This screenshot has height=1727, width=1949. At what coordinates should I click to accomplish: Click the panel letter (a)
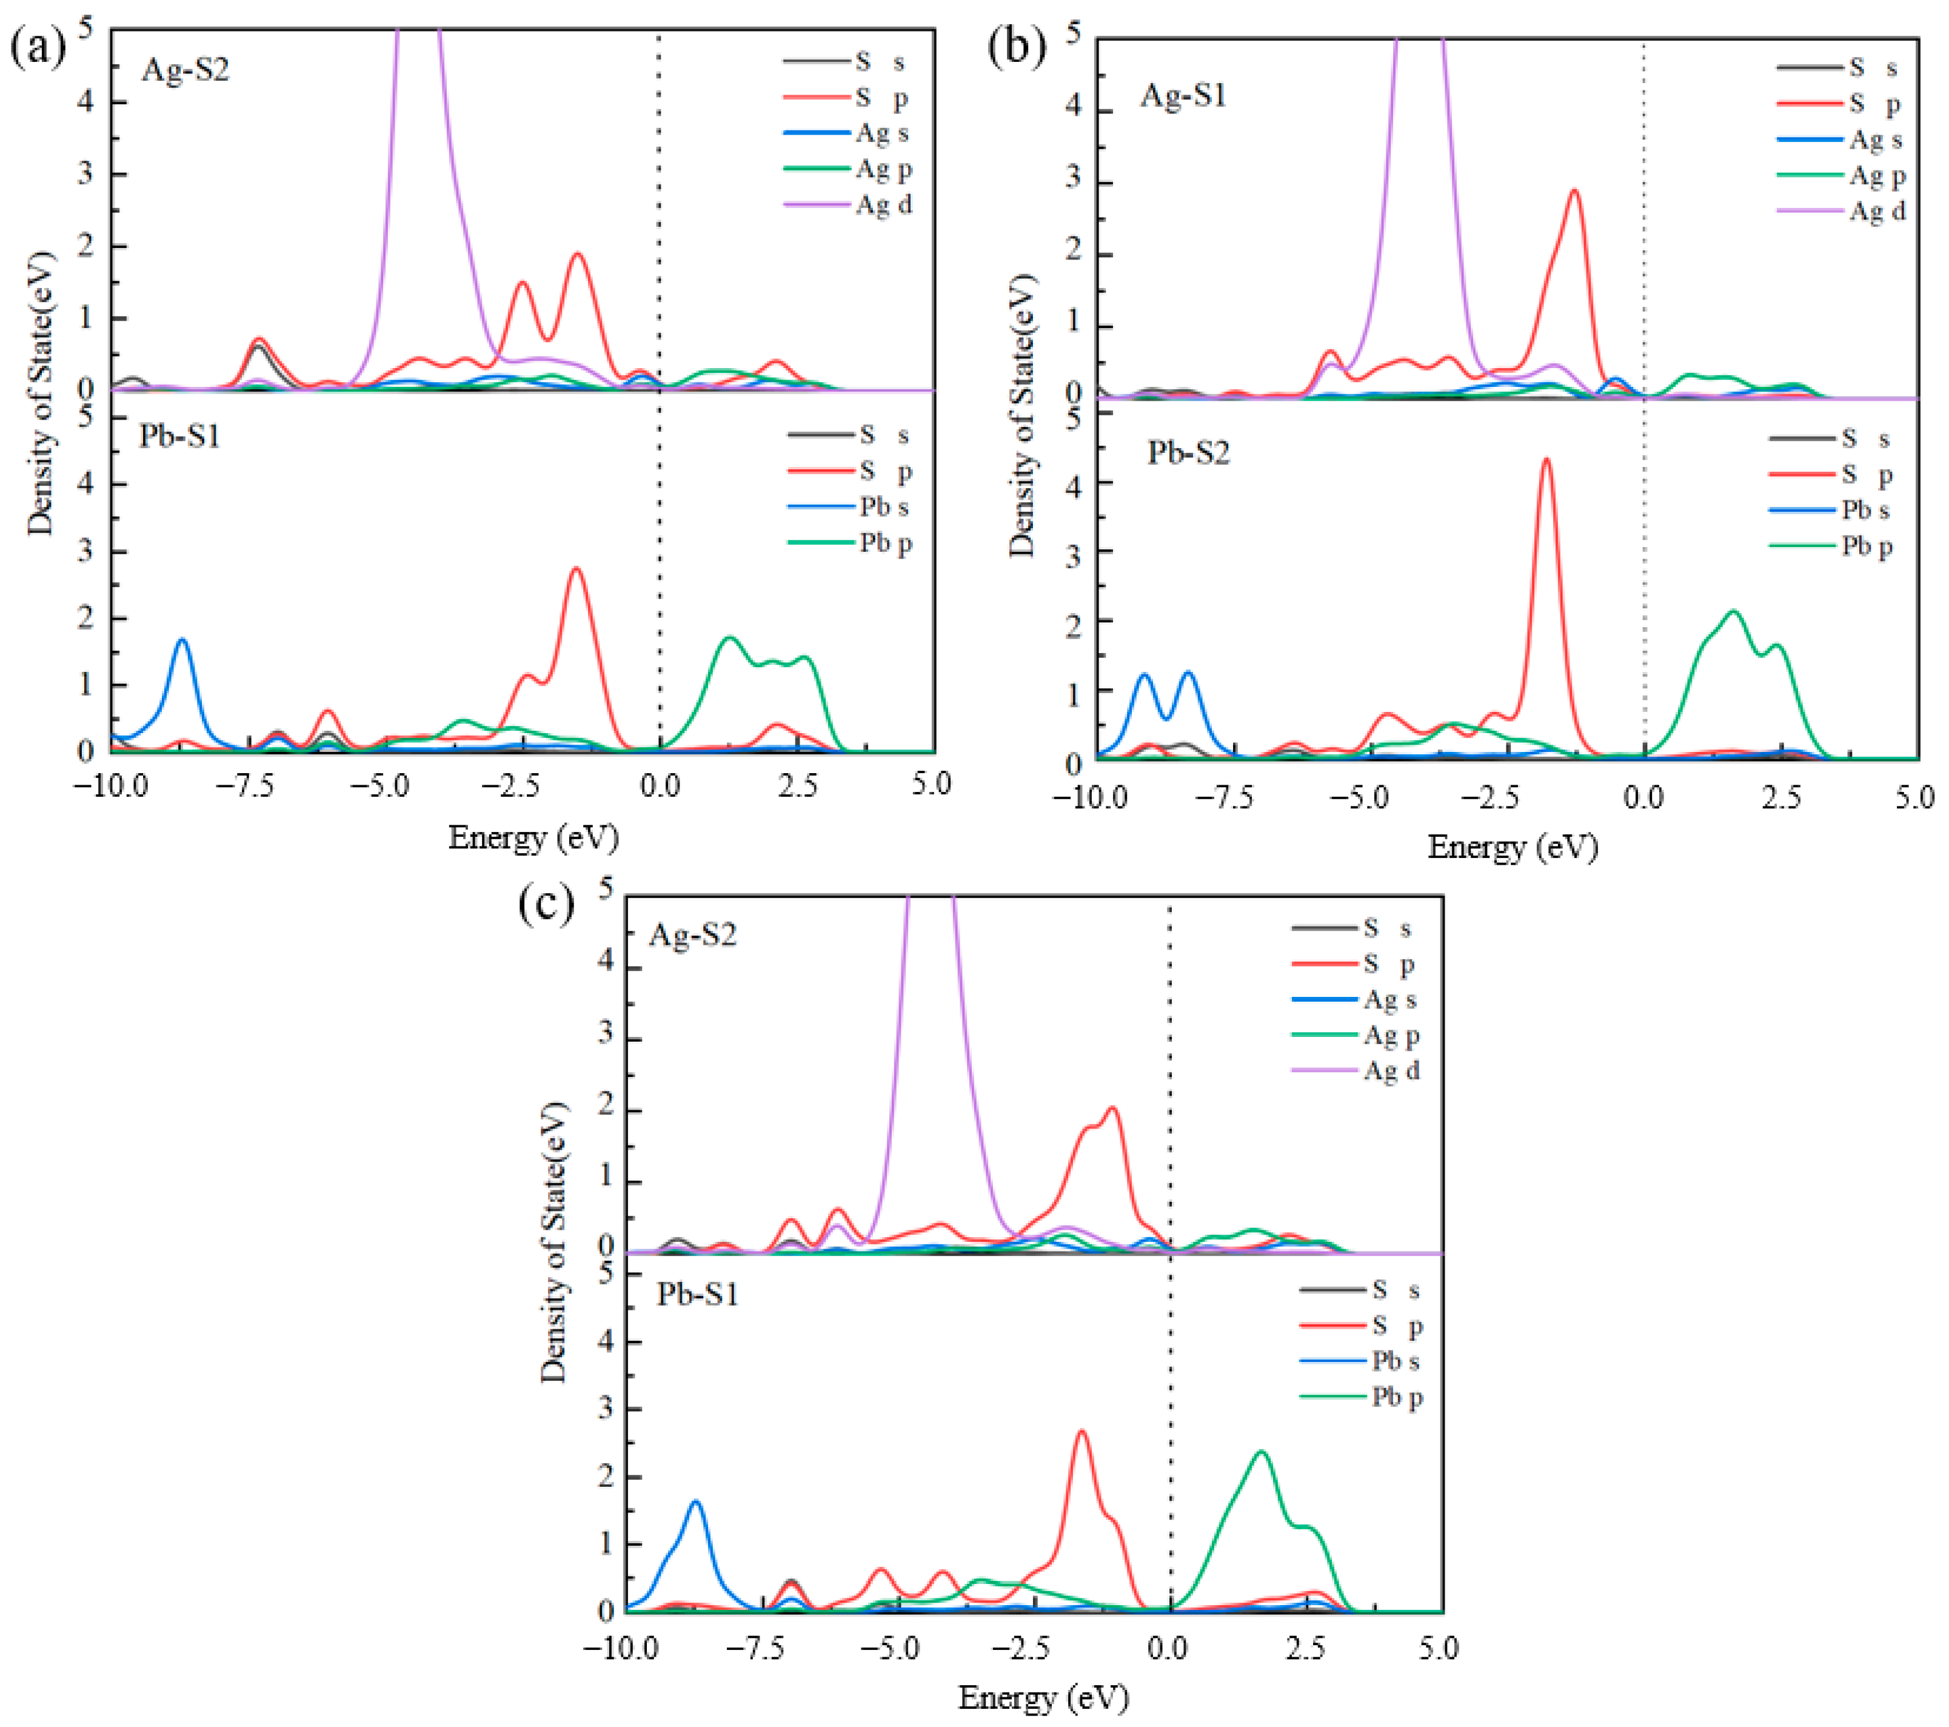click(38, 48)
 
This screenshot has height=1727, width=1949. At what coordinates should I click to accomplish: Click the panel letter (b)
click(1017, 48)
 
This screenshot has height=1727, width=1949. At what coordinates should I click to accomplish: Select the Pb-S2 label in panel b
click(1188, 452)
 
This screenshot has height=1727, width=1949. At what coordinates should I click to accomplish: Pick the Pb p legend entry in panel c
click(1396, 1397)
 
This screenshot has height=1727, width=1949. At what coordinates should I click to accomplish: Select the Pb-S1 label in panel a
click(179, 436)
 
